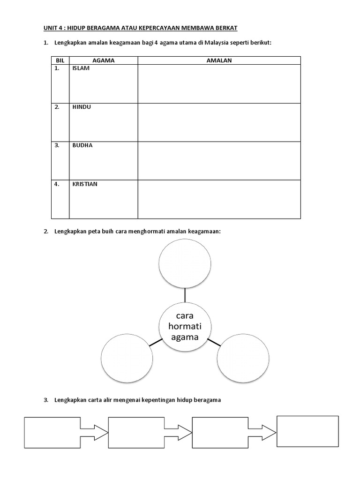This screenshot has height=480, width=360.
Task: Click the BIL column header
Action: coord(60,60)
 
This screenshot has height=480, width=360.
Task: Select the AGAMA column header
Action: coord(104,60)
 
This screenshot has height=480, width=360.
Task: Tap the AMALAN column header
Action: coord(219,60)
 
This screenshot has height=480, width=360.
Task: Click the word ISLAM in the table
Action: coord(81,68)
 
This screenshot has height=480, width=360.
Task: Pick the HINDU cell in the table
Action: coord(82,107)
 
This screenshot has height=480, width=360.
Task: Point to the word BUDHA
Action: coord(82,145)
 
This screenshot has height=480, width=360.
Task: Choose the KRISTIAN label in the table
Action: coord(85,184)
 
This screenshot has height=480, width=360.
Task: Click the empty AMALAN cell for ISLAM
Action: coord(219,84)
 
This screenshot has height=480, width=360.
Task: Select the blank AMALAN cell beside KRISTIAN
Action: coord(219,199)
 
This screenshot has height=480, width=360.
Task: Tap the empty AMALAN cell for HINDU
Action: coord(219,122)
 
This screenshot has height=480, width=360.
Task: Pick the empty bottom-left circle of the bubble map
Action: coord(127,359)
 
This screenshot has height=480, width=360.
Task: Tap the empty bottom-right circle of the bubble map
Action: coord(243,359)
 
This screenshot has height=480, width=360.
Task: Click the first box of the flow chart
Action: coord(52,432)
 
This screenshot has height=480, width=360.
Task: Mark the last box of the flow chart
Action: coord(307,431)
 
